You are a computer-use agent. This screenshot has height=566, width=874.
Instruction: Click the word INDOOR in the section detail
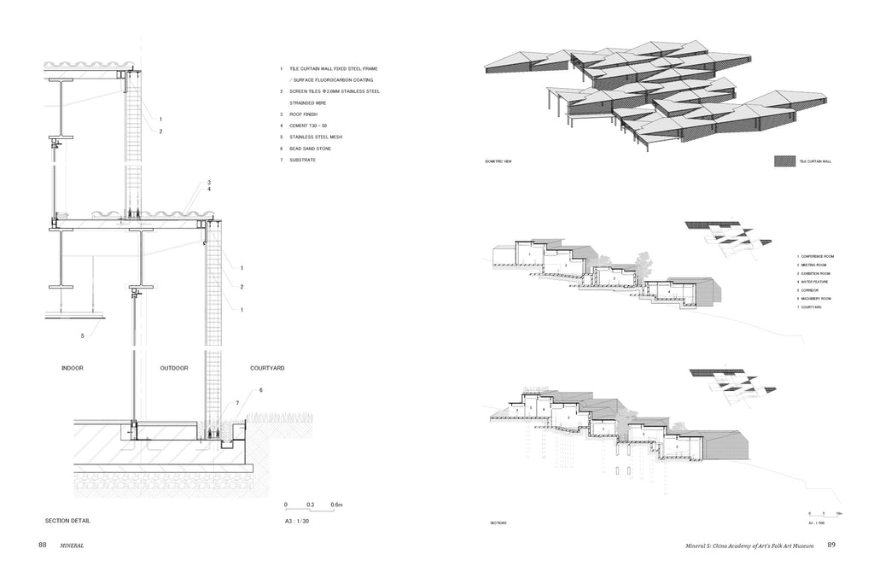(x=72, y=368)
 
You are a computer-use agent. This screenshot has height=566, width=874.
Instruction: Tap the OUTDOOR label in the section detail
(x=173, y=368)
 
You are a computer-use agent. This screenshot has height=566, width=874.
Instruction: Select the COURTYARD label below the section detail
(x=266, y=368)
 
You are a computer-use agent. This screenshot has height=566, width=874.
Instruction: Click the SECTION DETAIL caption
(x=67, y=520)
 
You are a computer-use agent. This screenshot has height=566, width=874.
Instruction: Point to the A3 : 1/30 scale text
(x=297, y=520)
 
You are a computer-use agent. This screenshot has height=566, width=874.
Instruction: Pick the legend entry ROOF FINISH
(x=303, y=114)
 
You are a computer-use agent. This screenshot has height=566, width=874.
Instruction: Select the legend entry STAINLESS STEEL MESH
(x=312, y=137)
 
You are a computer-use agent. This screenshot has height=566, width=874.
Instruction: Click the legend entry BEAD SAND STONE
(x=309, y=149)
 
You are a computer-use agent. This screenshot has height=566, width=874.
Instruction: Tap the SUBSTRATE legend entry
(x=302, y=160)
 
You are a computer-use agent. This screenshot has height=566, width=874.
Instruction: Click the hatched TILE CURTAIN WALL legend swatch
(x=783, y=160)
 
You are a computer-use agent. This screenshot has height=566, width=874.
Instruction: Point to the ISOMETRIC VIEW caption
(x=498, y=160)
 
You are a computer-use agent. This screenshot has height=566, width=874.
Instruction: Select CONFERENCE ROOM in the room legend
(x=818, y=256)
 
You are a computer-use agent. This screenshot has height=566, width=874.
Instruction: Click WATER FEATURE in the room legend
(x=815, y=282)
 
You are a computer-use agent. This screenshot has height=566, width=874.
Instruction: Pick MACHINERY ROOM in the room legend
(x=817, y=298)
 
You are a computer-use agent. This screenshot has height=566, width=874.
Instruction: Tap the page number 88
(x=42, y=545)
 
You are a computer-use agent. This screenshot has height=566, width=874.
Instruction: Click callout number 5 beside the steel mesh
(x=83, y=336)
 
